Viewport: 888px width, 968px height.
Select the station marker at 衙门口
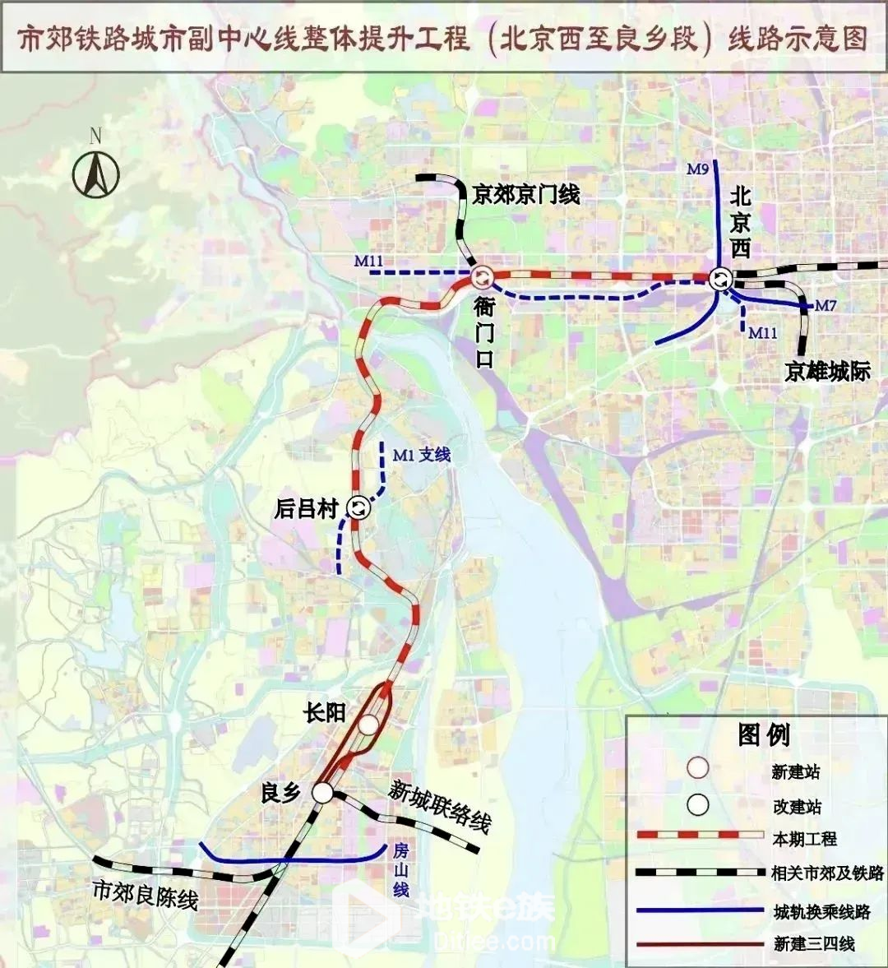point(483,278)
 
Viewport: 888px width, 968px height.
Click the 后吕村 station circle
point(359,508)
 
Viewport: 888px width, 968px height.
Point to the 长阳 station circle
point(368,725)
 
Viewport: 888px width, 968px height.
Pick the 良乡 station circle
point(322,793)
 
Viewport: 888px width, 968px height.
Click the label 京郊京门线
point(525,195)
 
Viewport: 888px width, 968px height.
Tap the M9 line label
point(697,169)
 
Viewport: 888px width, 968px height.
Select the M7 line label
point(825,306)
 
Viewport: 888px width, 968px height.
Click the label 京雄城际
point(826,372)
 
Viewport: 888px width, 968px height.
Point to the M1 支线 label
point(421,455)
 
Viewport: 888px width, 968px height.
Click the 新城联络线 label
point(440,805)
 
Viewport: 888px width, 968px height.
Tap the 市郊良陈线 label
point(145,894)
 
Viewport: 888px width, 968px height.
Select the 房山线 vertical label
point(400,869)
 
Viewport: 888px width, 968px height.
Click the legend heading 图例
point(764,735)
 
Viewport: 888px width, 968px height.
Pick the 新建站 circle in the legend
point(698,769)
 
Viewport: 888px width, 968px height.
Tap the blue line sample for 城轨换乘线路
point(700,910)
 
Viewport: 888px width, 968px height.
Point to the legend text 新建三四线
point(814,944)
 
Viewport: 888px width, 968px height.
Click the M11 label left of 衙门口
point(369,262)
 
